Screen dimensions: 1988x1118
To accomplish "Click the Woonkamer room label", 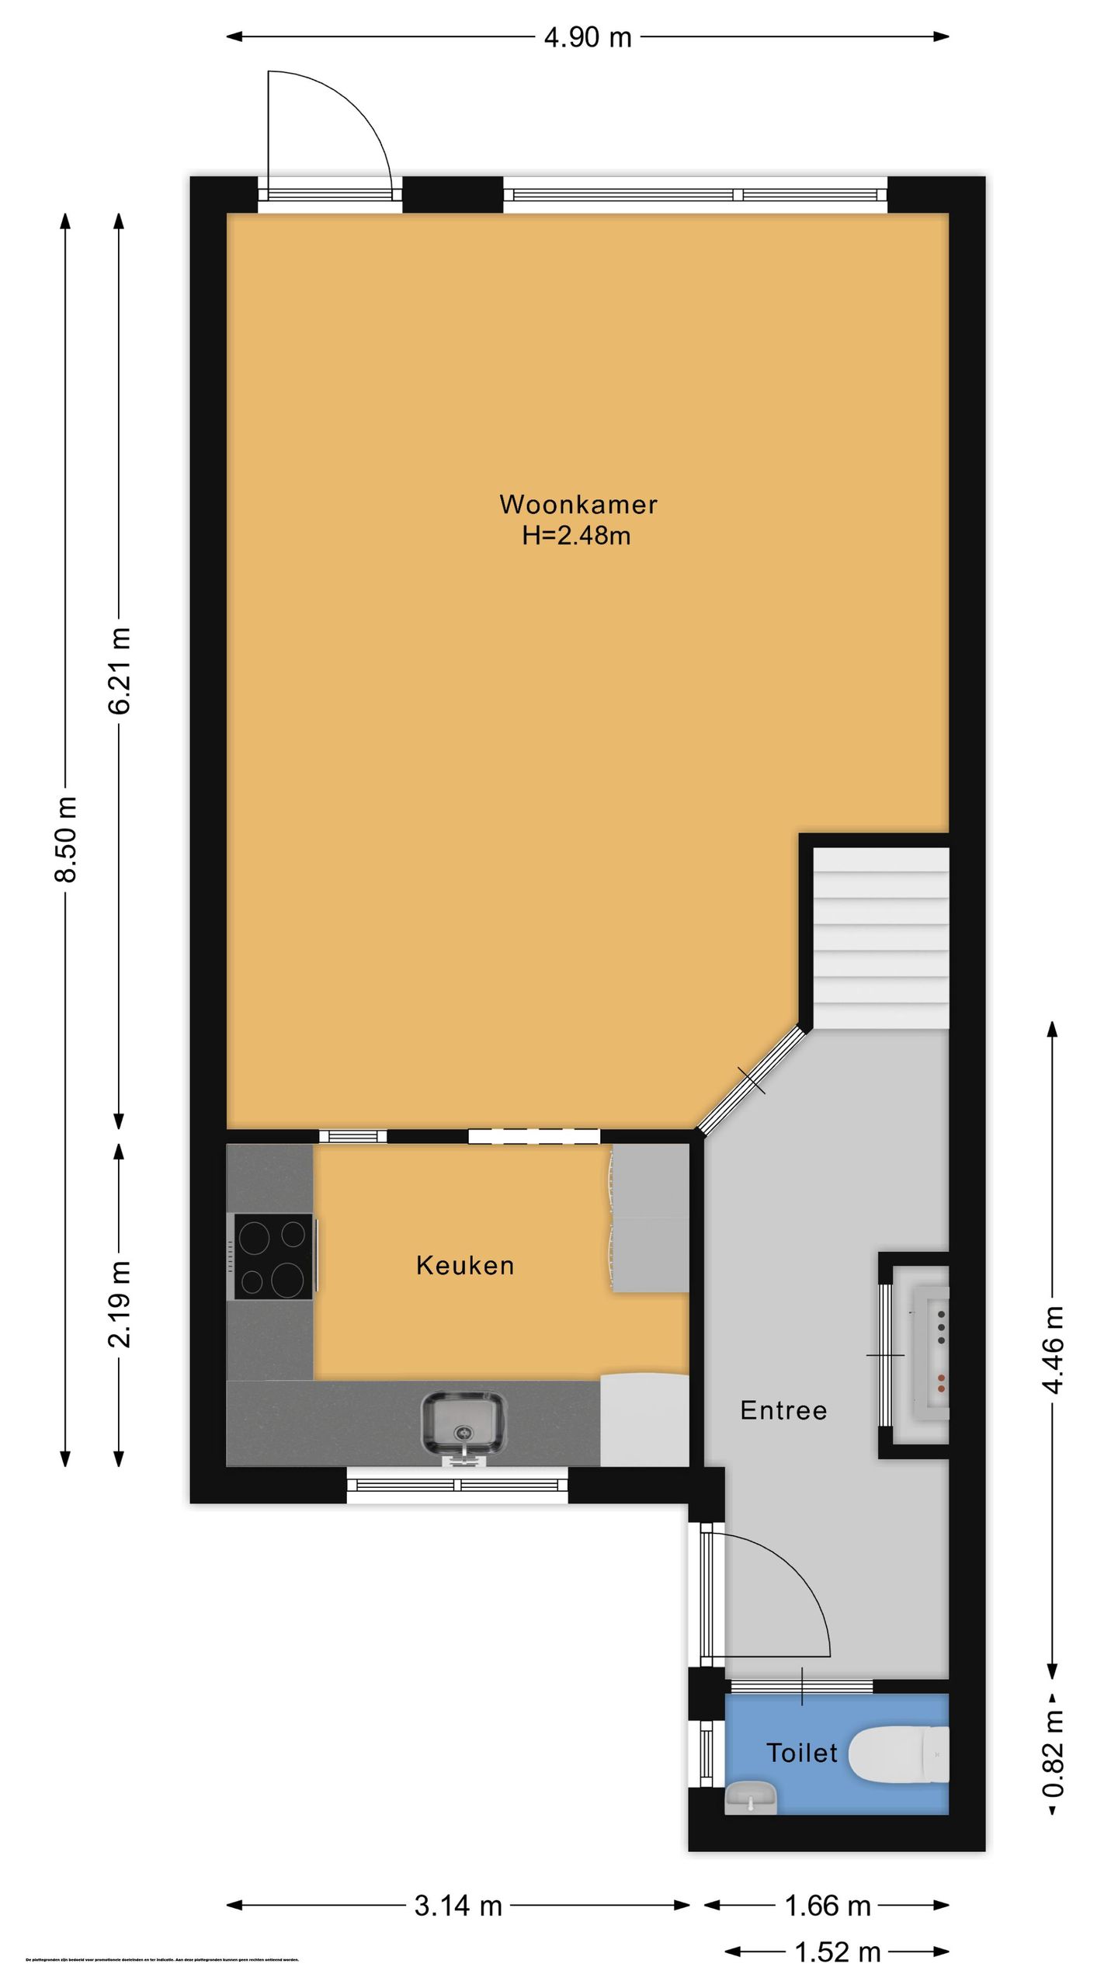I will click(578, 505).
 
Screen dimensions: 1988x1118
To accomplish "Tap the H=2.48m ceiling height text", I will click(576, 536).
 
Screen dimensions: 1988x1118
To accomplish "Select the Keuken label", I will click(465, 1265).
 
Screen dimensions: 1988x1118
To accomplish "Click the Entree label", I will click(783, 1409).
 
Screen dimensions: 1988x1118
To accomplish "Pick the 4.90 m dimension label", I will click(588, 37).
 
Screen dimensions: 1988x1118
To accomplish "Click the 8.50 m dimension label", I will click(67, 839).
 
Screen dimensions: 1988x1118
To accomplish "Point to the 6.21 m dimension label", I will click(120, 669).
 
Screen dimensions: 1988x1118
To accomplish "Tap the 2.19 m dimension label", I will click(120, 1304).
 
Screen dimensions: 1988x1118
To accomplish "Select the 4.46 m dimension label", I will click(1053, 1350).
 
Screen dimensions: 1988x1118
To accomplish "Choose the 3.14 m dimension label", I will click(458, 1905).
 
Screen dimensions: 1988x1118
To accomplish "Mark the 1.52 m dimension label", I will click(837, 1952).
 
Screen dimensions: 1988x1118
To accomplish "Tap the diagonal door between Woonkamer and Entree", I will click(751, 1080).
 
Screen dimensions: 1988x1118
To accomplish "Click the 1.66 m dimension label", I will click(828, 1905).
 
